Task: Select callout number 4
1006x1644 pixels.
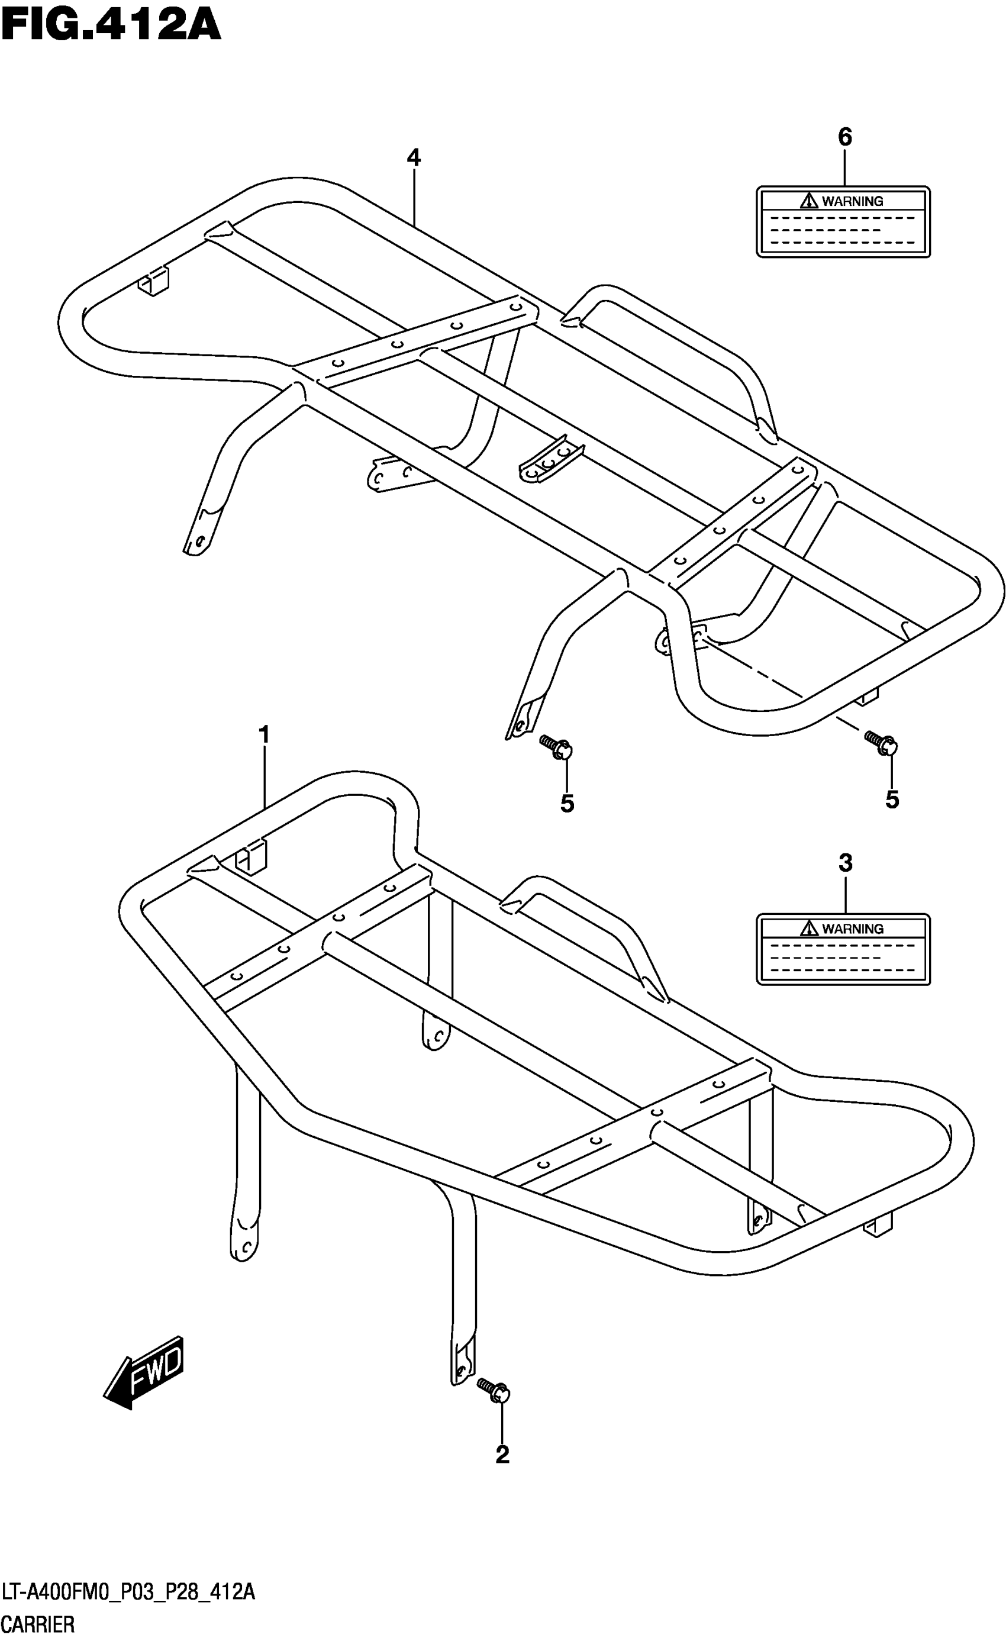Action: point(414,158)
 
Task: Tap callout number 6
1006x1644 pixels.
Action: point(844,137)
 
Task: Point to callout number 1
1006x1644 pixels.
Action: point(264,735)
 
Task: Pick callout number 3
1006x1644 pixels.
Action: point(845,863)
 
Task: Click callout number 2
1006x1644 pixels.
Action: point(502,1455)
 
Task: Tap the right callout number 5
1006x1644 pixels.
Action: point(892,800)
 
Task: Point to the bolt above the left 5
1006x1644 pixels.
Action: point(557,747)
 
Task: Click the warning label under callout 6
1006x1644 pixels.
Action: point(843,221)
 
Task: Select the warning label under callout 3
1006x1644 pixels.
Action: point(843,949)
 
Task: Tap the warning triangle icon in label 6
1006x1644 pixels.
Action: point(809,199)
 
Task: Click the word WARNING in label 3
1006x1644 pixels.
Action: point(853,929)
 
